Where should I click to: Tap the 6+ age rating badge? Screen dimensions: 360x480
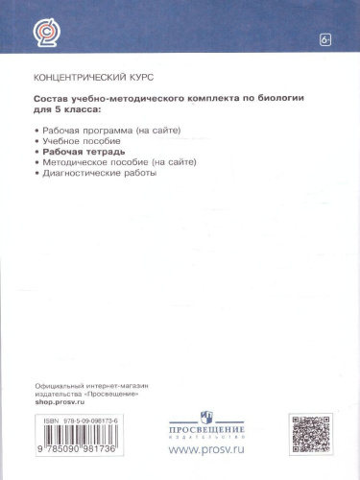coord(325,39)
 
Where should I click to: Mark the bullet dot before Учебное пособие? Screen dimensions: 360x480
coord(36,140)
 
